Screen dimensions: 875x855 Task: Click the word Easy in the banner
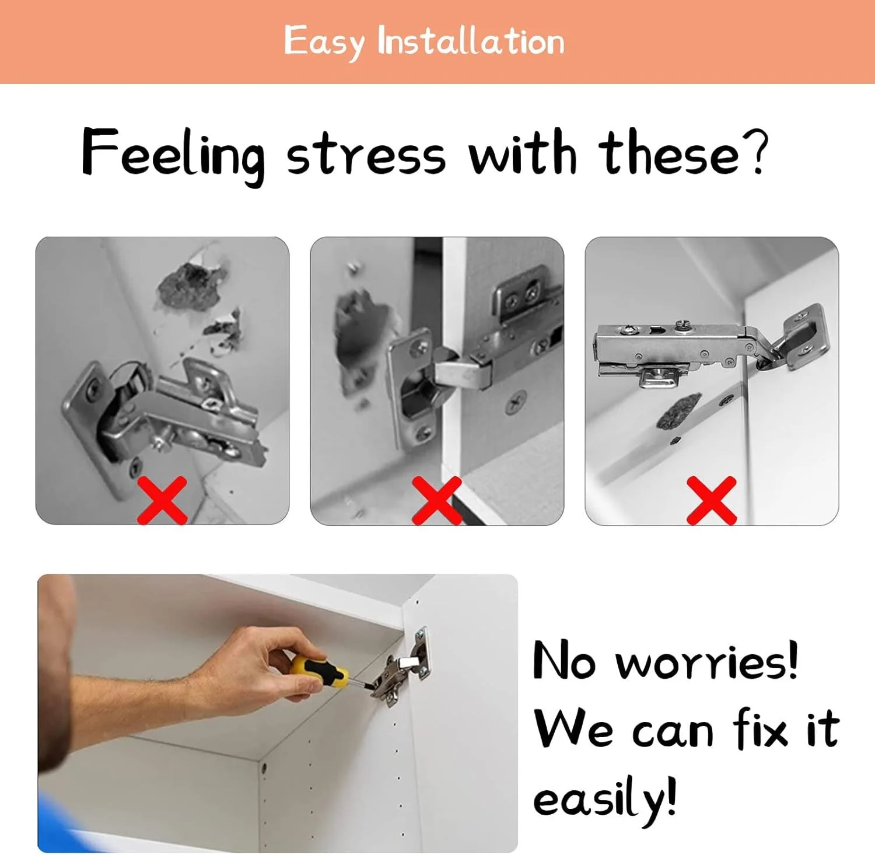(x=324, y=42)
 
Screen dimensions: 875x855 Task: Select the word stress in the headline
(x=366, y=155)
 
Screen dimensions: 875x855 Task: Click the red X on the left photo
(x=162, y=500)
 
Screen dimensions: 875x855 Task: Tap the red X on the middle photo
(x=437, y=500)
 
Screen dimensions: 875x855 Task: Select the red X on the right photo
(x=712, y=500)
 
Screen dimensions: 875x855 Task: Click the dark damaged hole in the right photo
(x=678, y=411)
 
